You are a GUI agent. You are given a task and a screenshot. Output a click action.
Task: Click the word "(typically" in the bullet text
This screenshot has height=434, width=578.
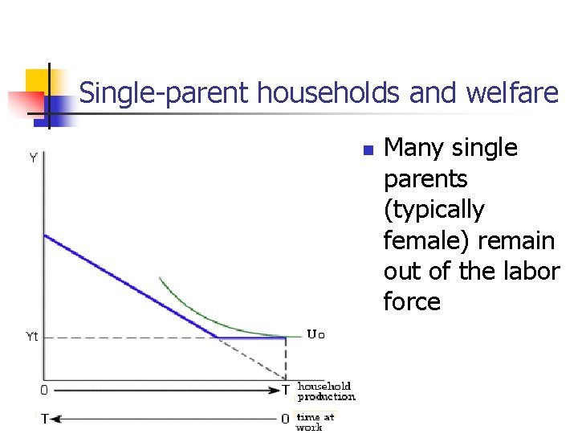coord(434,210)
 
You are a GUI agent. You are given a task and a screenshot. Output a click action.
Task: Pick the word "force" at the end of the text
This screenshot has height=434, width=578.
coord(412,302)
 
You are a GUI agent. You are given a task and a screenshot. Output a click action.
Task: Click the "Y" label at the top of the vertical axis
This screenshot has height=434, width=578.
coord(33,158)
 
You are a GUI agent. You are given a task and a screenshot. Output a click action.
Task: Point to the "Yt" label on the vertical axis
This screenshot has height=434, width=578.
coord(29,338)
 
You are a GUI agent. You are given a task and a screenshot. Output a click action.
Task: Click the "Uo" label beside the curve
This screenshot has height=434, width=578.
coord(315,334)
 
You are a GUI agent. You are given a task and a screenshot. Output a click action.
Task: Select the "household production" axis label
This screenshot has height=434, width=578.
coord(326,391)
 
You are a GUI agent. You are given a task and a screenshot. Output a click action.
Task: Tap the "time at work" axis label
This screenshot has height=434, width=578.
coord(315,422)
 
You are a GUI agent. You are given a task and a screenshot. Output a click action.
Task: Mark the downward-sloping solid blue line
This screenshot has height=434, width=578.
coord(128,285)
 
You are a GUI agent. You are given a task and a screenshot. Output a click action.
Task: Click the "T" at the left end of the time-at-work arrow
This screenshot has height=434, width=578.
coord(45,419)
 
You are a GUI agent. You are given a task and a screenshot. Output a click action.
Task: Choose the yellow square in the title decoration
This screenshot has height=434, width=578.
coord(39,82)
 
